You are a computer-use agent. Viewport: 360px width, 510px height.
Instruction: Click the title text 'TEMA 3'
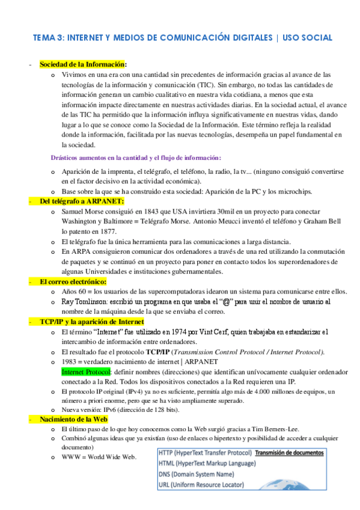click(47, 38)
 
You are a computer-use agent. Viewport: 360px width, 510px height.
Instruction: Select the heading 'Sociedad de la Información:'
click(83, 64)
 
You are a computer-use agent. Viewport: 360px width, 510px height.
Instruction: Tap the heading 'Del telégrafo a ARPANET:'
click(82, 201)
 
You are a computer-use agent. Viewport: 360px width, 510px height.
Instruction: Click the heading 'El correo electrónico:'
click(73, 281)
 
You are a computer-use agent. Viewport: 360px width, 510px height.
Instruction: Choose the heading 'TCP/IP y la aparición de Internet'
click(92, 322)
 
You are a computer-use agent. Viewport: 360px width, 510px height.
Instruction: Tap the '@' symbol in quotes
click(227, 301)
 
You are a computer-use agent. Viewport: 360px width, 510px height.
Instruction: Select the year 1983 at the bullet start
click(70, 362)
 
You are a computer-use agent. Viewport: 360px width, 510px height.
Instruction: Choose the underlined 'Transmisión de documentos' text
click(289, 453)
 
